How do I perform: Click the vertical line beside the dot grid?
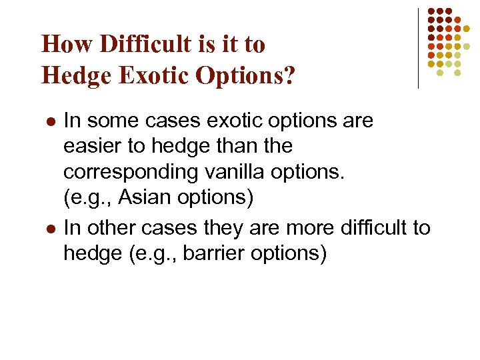418,48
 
